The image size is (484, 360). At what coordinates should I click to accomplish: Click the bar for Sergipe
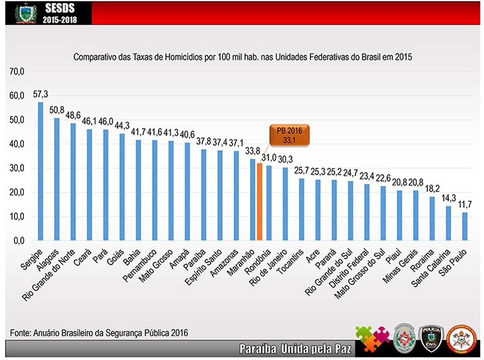click(40, 171)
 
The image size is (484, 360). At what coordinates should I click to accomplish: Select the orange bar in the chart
click(259, 202)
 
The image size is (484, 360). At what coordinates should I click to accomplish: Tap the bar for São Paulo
click(464, 226)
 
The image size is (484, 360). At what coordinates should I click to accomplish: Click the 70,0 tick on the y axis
click(16, 72)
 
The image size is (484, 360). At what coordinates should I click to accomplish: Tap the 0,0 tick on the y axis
click(18, 240)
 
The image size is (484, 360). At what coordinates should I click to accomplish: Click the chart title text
click(242, 57)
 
